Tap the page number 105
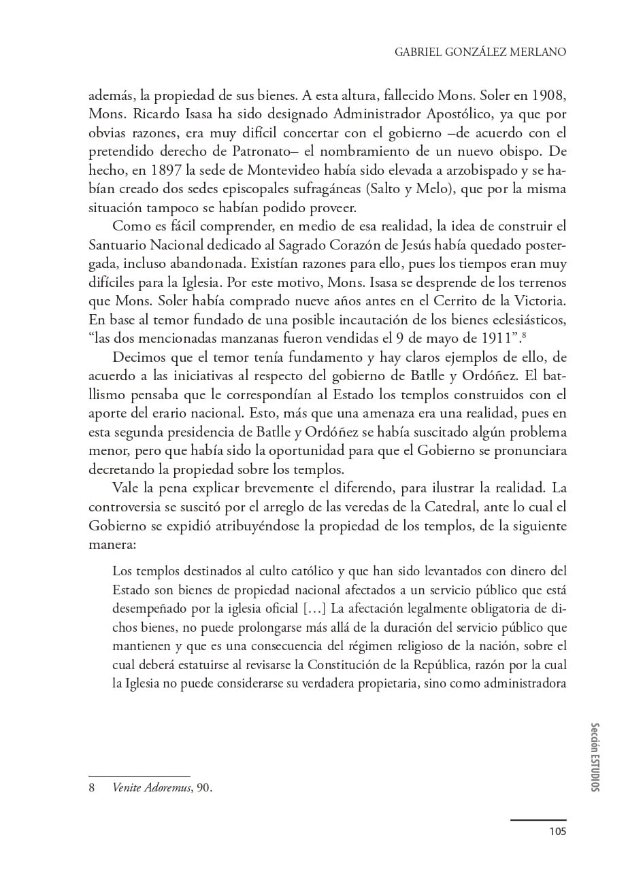(557, 831)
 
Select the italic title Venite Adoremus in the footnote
(152, 788)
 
